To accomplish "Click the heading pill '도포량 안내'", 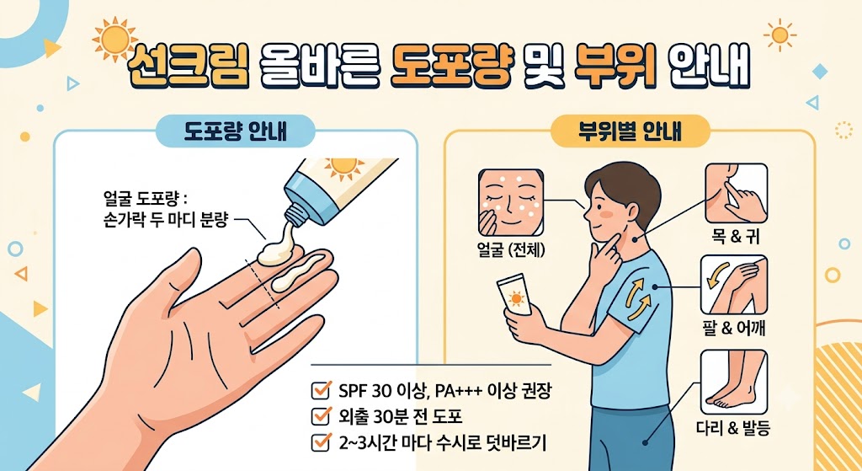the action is pyautogui.click(x=236, y=132).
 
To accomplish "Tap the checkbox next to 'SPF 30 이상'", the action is pyautogui.click(x=319, y=390).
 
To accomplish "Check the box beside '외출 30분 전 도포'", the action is pyautogui.click(x=319, y=416).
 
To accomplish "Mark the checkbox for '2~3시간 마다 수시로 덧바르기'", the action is pyautogui.click(x=319, y=442).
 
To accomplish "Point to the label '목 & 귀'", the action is pyautogui.click(x=735, y=238).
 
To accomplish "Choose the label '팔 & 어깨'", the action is pyautogui.click(x=735, y=329).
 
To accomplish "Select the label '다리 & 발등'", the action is pyautogui.click(x=735, y=427).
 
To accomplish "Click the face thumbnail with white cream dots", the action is pyautogui.click(x=511, y=202).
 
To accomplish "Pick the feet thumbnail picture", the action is pyautogui.click(x=733, y=382).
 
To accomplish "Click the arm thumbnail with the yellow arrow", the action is pyautogui.click(x=733, y=285).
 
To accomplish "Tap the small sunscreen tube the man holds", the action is pyautogui.click(x=514, y=296).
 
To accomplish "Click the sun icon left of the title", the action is pyautogui.click(x=115, y=40).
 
